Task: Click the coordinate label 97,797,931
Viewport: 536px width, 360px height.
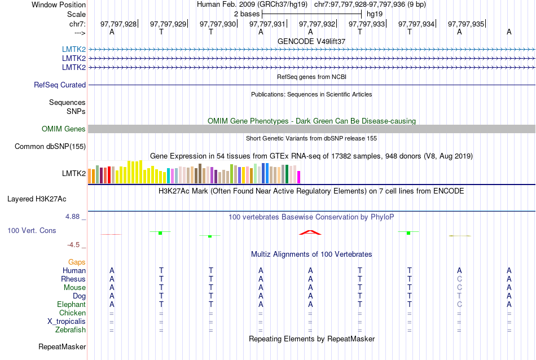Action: click(x=267, y=24)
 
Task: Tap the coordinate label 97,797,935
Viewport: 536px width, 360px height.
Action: click(x=466, y=24)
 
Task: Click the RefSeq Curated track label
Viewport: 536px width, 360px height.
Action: click(x=60, y=85)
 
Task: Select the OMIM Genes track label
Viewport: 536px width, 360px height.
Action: click(x=64, y=129)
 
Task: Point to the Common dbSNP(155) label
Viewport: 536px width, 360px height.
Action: click(x=50, y=147)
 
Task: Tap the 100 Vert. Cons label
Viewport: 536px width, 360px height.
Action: click(x=32, y=231)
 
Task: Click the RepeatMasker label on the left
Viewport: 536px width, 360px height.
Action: click(x=62, y=346)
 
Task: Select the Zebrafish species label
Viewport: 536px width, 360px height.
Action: click(x=71, y=330)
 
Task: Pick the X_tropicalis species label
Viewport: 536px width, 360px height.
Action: click(x=67, y=321)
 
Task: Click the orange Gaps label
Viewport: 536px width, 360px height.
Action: click(x=77, y=262)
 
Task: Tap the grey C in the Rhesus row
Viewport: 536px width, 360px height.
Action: click(x=459, y=279)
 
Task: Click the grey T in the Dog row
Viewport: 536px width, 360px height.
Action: click(x=459, y=296)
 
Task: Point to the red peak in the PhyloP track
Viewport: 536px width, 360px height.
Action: click(x=310, y=232)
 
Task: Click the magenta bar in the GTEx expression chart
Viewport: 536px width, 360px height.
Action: click(x=299, y=177)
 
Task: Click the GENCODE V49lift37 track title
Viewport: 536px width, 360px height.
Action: click(x=311, y=41)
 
